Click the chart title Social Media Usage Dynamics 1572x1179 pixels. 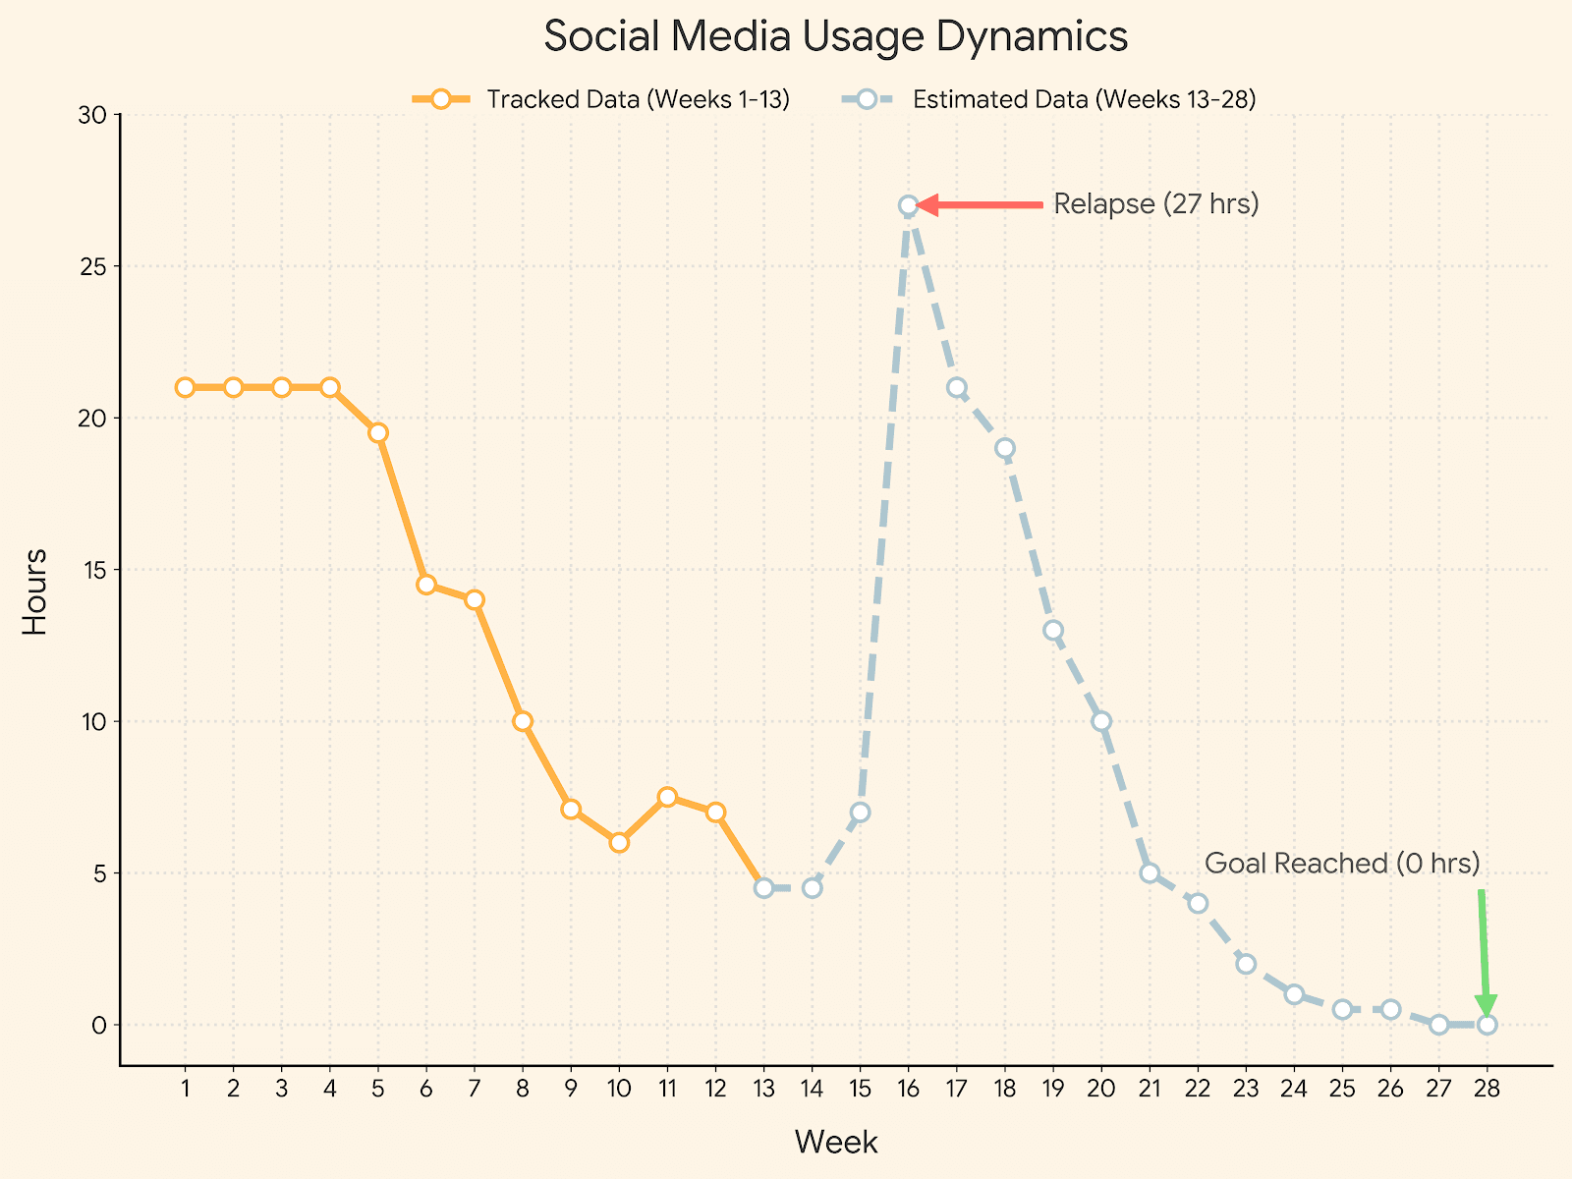[x=835, y=37]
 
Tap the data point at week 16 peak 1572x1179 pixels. [x=908, y=205]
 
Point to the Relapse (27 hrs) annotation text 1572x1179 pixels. [x=1155, y=204]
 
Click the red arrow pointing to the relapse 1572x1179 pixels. [x=982, y=204]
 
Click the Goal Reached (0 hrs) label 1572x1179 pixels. [x=1341, y=864]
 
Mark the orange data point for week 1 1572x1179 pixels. [x=185, y=387]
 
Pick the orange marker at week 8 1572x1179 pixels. [x=523, y=721]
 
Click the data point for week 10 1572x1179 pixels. [x=619, y=842]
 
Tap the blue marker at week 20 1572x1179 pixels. [x=1101, y=721]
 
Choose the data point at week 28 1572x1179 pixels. [x=1487, y=1025]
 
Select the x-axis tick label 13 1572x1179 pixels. [x=763, y=1088]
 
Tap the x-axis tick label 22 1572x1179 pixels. [x=1198, y=1088]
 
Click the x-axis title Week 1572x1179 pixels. [x=835, y=1143]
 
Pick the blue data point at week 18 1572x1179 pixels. [x=1004, y=448]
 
